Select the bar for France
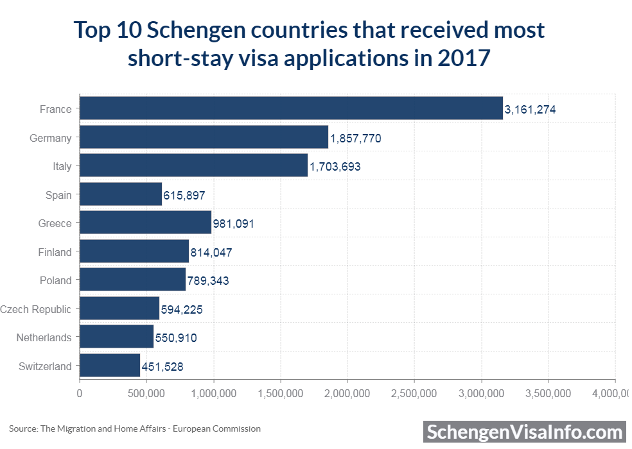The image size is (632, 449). (x=291, y=108)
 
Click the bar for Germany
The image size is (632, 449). (x=204, y=137)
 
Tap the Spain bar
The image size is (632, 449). (x=121, y=194)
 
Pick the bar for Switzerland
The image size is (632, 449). (x=110, y=366)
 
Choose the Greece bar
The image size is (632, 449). (x=145, y=223)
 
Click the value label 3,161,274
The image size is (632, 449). (x=530, y=110)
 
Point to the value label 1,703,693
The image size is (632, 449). (x=335, y=167)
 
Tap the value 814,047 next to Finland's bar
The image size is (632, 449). (x=211, y=253)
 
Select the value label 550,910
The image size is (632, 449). (x=176, y=338)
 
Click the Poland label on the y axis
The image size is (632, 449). (x=56, y=280)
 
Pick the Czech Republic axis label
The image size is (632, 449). (x=36, y=309)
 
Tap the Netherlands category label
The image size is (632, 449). (x=44, y=337)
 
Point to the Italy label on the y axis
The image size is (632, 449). (x=62, y=166)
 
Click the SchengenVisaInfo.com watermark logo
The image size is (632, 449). (x=525, y=431)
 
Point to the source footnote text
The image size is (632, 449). (x=135, y=428)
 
